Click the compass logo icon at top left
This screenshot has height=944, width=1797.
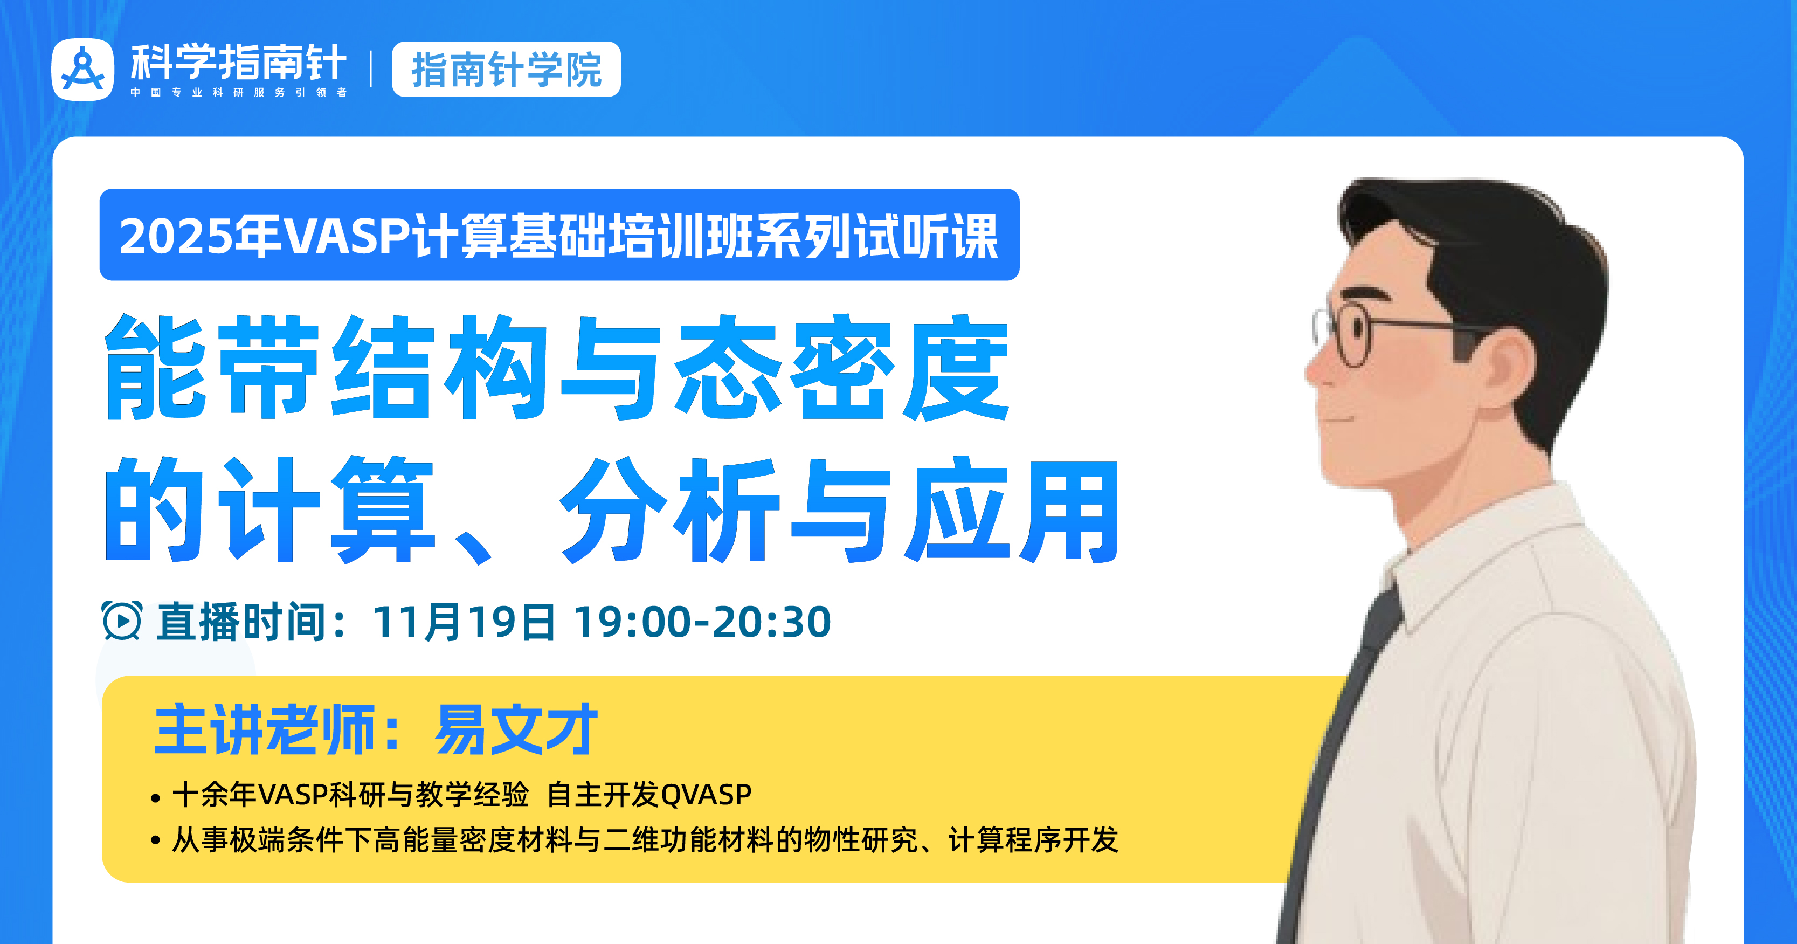[82, 70]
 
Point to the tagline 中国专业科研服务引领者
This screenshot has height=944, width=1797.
[239, 92]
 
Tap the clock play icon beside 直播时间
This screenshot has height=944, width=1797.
[122, 621]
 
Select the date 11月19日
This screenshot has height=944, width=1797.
[464, 621]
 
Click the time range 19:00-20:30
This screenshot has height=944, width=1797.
[702, 621]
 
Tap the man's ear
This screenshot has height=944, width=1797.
[1510, 363]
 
